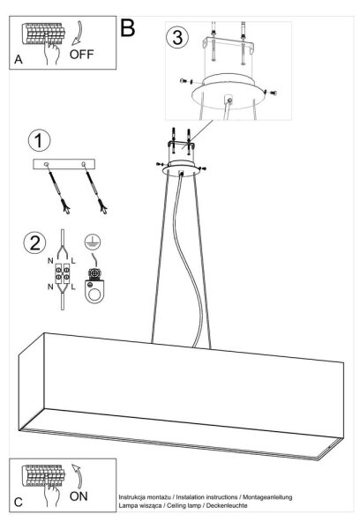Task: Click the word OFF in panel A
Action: coord(81,54)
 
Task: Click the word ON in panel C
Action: coord(79,495)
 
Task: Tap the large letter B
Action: coord(128,28)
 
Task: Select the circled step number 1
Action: coord(39,141)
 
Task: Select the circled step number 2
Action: coord(34,242)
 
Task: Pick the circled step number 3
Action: coord(177,37)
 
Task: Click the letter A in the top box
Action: coord(19,59)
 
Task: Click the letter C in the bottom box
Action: coord(19,502)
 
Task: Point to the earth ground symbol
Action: coord(93,242)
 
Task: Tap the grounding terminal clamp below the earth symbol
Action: coord(95,285)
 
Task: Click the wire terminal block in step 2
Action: coord(63,273)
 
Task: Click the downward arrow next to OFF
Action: coord(78,34)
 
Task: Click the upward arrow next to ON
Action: coord(78,476)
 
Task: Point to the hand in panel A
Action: coord(50,51)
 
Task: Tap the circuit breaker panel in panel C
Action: coord(43,475)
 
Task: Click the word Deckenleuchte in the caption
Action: coord(227,505)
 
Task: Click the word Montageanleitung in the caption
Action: coord(267,497)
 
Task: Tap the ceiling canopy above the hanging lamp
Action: coord(182,168)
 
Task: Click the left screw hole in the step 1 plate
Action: coord(46,164)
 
